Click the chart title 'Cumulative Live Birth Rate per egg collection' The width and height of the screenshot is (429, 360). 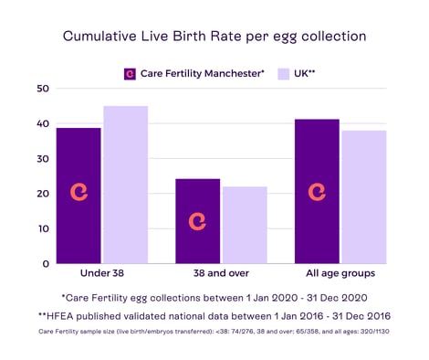(214, 37)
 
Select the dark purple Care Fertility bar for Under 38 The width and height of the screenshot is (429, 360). (78, 196)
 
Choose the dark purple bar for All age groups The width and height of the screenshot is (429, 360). (318, 191)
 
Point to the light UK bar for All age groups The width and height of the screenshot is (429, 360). (364, 196)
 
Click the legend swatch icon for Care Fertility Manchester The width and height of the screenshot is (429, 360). (130, 73)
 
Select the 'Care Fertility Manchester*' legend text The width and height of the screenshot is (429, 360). (203, 73)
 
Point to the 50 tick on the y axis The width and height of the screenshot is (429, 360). (42, 89)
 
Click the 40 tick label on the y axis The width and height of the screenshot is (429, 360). (42, 124)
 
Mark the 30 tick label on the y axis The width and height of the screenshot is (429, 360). (42, 159)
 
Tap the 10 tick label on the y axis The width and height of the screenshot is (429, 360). (42, 228)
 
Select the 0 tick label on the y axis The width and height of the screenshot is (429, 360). (46, 263)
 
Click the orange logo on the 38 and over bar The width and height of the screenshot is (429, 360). (198, 221)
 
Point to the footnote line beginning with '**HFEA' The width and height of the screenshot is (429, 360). (214, 315)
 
